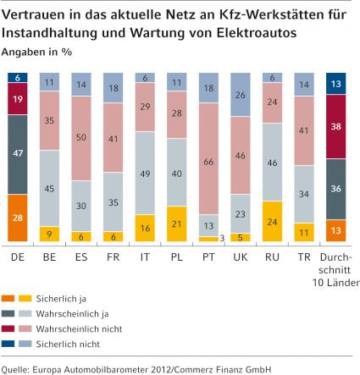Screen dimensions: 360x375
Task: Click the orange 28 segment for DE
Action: point(18,218)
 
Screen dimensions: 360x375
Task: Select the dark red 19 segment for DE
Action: point(18,99)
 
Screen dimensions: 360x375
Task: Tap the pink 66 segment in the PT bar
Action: point(208,158)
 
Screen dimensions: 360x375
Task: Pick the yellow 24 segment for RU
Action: point(272,222)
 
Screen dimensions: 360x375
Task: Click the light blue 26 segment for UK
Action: point(241,95)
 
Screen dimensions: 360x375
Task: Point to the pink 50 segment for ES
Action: point(81,139)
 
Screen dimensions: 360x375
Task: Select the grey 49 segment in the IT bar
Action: point(145,174)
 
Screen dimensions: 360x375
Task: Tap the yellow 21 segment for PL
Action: point(177,224)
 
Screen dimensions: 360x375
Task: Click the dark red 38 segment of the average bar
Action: point(336,127)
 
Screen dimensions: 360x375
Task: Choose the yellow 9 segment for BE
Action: point(49,234)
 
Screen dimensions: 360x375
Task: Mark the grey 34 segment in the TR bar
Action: point(304,194)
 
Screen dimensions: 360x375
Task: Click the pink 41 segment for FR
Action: point(114,138)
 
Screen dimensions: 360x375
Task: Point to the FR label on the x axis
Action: point(114,257)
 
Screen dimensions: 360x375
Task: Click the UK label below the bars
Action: point(241,257)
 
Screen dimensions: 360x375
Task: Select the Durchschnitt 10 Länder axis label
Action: point(335,270)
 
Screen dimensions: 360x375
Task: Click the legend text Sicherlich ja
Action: point(61,299)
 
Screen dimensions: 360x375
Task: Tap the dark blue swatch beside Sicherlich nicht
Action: point(8,344)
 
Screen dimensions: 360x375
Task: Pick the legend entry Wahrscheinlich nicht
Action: point(79,328)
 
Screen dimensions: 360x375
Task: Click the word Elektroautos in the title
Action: point(257,32)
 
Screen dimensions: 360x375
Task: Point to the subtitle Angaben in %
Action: point(36,52)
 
